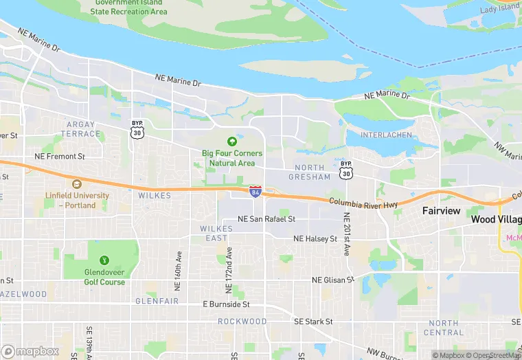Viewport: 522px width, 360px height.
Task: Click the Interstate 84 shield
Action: [255, 191]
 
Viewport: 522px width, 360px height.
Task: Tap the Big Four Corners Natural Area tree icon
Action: [240, 140]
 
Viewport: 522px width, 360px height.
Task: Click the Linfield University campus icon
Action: [76, 184]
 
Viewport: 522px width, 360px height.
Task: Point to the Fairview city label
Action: [441, 211]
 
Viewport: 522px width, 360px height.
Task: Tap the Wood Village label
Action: [496, 220]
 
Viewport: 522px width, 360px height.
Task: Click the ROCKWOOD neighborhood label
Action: [242, 322]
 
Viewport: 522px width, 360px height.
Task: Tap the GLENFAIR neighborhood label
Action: [157, 301]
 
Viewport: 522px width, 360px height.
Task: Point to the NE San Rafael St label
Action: [266, 218]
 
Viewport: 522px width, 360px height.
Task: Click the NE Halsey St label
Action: [315, 238]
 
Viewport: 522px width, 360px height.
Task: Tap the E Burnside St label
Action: [226, 304]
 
